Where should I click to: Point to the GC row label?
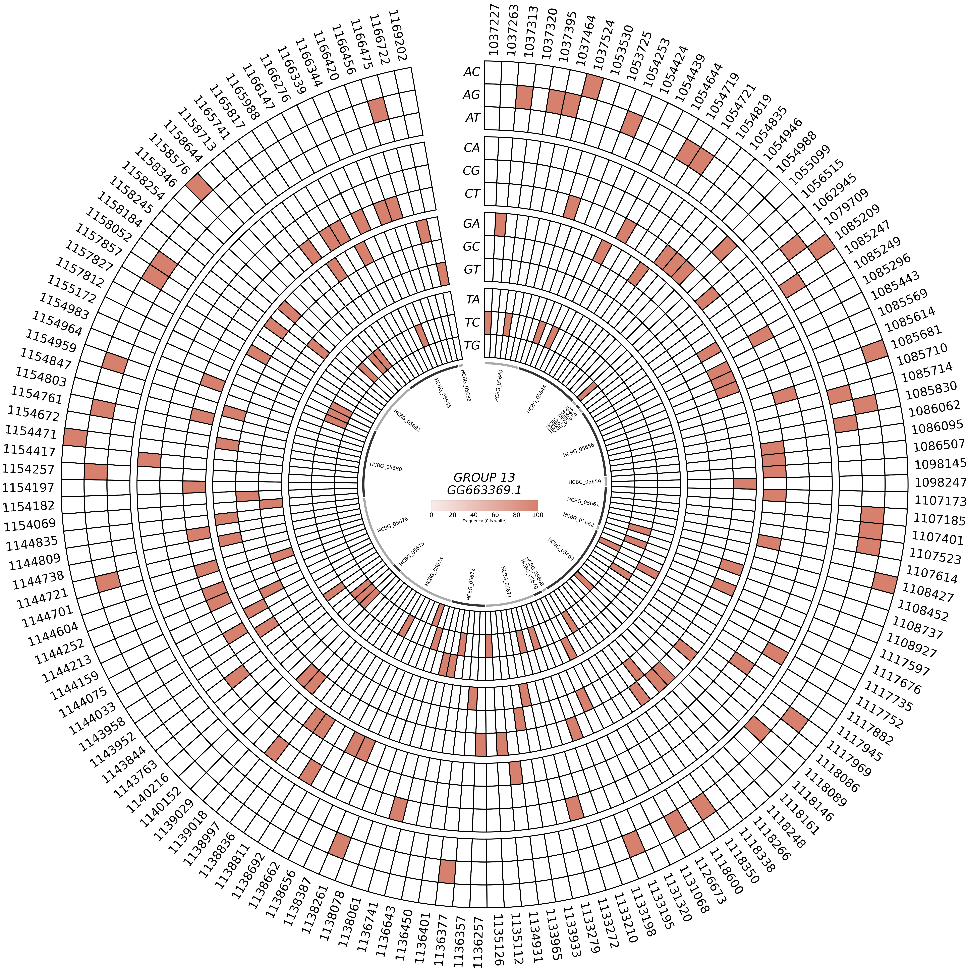tap(471, 246)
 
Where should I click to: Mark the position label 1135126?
tap(499, 940)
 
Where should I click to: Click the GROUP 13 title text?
tap(484, 477)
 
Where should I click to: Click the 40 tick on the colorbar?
tap(473, 515)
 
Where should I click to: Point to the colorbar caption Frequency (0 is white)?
tap(484, 521)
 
